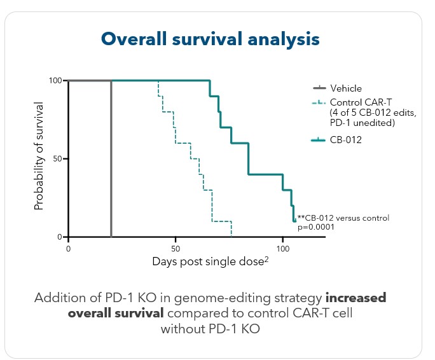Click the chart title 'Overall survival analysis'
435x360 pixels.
211,39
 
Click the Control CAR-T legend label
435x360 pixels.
353,102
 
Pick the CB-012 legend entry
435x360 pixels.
346,140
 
